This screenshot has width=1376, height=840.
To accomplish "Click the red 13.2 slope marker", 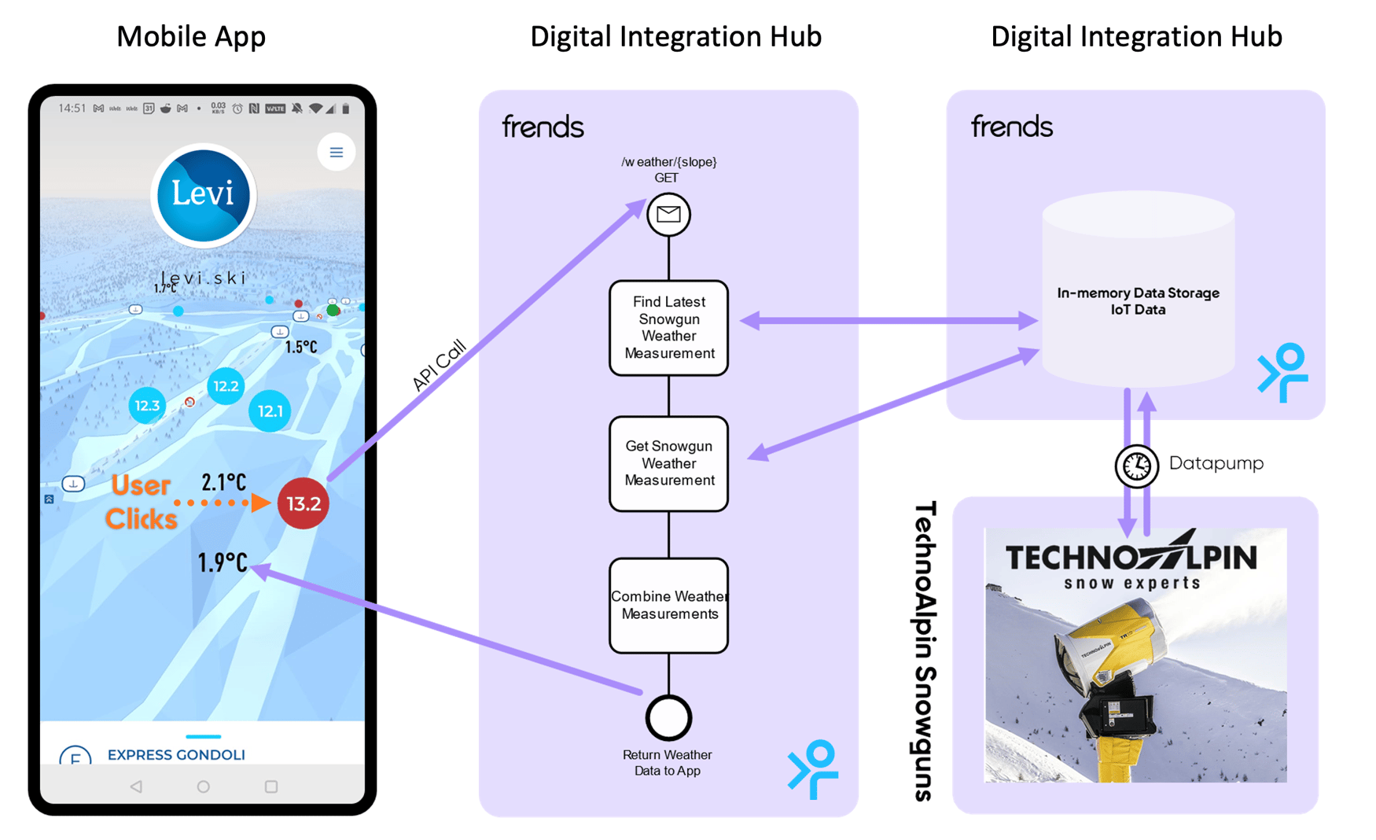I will (x=303, y=503).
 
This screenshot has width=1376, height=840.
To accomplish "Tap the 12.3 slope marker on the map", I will (x=147, y=406).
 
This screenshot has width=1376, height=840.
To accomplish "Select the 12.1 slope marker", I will (x=270, y=411).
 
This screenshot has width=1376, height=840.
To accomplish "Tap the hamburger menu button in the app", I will (x=336, y=153).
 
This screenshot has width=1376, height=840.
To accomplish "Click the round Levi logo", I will (x=204, y=195).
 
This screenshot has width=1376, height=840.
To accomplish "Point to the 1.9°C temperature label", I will (x=222, y=562).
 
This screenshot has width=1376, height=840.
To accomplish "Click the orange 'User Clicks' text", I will (x=142, y=502).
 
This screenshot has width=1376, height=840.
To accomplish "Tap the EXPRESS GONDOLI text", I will (x=176, y=755).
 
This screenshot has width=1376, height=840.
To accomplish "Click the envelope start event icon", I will (x=668, y=214).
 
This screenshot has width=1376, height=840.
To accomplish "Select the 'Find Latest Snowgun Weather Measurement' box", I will (x=668, y=328).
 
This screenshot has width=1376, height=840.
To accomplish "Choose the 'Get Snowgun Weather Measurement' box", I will (x=668, y=463).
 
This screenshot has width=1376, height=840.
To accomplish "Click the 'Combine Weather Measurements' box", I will (x=668, y=605).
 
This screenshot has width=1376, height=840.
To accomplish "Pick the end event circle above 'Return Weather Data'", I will (x=668, y=717).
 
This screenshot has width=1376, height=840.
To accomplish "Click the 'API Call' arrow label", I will (x=439, y=365).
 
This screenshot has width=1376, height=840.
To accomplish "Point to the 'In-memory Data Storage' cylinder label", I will (x=1138, y=301).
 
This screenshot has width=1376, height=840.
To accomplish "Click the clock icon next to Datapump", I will (x=1136, y=466).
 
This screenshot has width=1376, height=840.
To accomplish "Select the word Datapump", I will (x=1216, y=463).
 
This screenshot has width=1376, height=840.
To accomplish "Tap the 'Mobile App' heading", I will (x=191, y=36).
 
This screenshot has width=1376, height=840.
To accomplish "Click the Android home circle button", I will (x=203, y=787).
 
